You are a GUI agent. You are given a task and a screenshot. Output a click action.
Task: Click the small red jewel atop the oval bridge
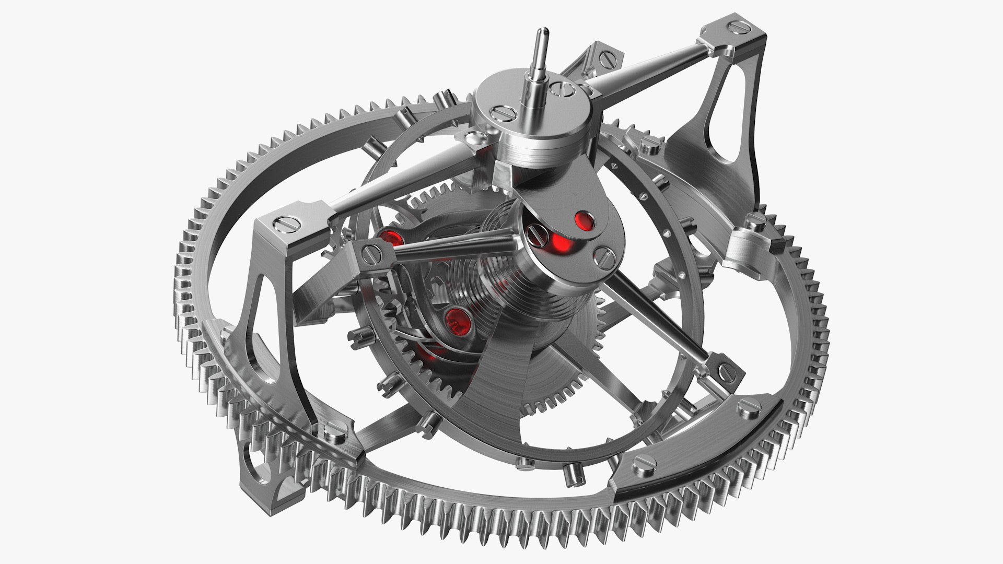pos(584,221)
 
